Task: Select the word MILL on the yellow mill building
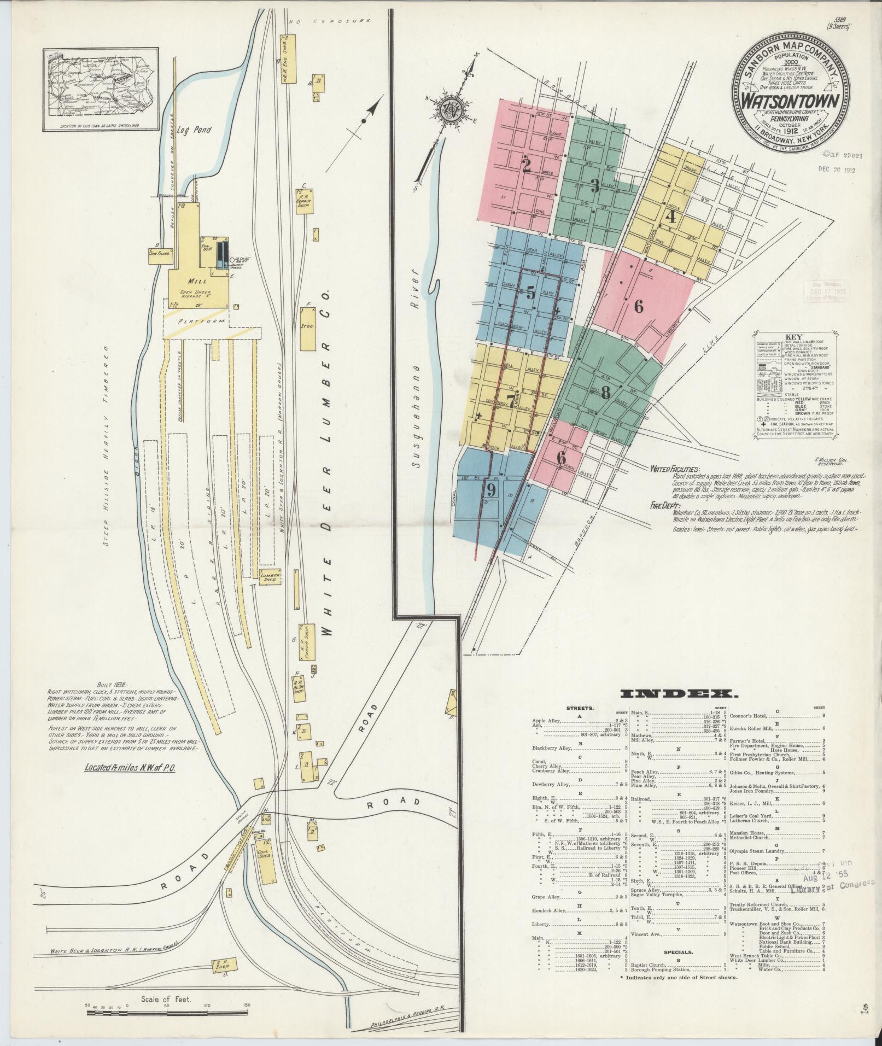tap(196, 281)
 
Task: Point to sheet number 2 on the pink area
tap(526, 166)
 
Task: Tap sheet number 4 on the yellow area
tap(670, 217)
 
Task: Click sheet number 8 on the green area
tap(605, 391)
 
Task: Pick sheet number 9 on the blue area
tap(490, 490)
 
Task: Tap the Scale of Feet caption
tap(165, 999)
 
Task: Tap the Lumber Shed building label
tap(270, 577)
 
